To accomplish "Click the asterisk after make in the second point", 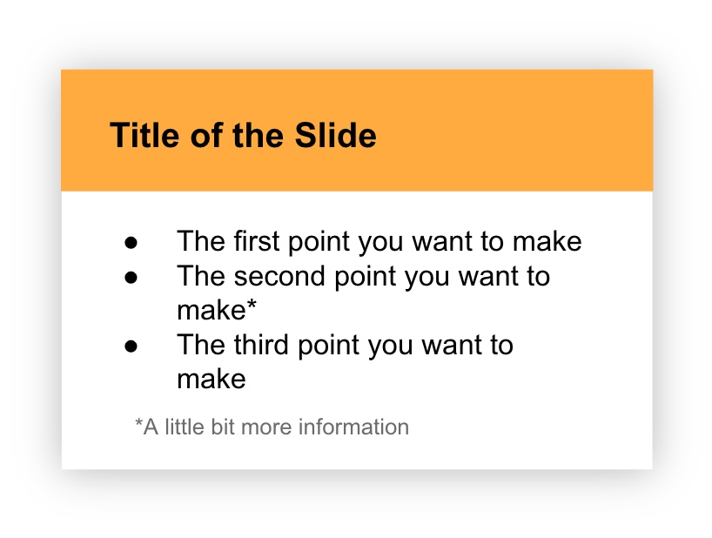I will [x=252, y=307].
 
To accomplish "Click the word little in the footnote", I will [x=182, y=427].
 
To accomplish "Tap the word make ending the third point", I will [x=211, y=380].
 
